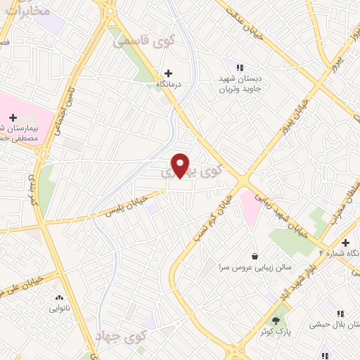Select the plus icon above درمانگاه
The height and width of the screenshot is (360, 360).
(x=168, y=72)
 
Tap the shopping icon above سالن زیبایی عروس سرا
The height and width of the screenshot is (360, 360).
(x=254, y=255)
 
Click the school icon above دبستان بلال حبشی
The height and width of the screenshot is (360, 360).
(x=340, y=314)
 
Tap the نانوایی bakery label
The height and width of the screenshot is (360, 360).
(x=59, y=308)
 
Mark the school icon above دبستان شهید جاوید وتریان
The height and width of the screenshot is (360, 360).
(x=240, y=67)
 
